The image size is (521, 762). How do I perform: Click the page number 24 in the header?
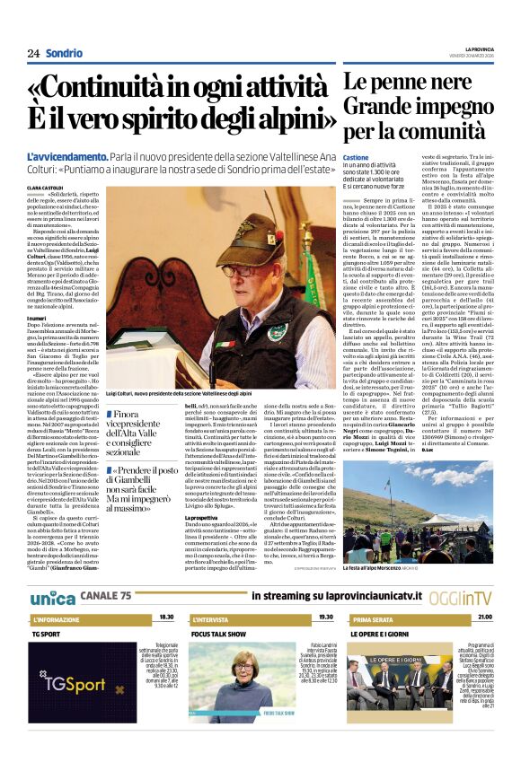click(33, 53)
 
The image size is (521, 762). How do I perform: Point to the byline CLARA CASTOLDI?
click(47, 188)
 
